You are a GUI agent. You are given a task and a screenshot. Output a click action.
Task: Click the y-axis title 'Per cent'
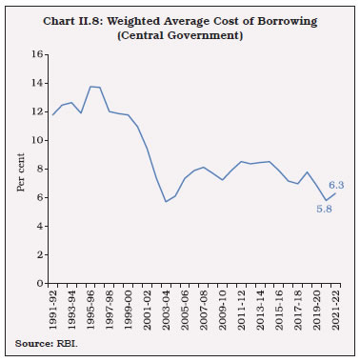21,170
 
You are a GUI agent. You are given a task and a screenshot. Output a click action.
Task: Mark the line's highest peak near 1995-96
90,87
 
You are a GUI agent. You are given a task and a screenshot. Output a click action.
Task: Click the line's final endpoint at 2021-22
333,193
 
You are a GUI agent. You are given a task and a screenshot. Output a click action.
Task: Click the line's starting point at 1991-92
54,114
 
